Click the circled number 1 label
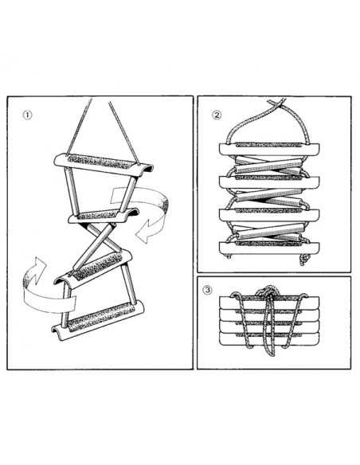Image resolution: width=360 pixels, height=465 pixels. [27, 115]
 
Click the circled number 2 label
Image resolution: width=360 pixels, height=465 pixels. [217, 115]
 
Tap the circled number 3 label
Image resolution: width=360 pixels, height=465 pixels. [208, 290]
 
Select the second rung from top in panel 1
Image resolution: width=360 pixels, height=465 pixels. [104, 215]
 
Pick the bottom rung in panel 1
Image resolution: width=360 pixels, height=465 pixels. [98, 320]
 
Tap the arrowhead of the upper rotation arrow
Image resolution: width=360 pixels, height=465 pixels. [144, 232]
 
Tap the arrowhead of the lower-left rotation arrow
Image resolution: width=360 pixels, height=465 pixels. [38, 264]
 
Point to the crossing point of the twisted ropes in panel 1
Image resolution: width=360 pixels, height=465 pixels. [98, 238]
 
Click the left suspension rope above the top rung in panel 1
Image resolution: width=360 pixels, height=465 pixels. [79, 127]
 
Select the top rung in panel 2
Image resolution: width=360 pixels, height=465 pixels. [269, 149]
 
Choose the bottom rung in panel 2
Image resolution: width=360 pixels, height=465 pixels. [269, 248]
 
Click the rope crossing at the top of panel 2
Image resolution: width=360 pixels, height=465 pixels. [277, 104]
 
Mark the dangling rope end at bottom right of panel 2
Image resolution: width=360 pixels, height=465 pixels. [304, 260]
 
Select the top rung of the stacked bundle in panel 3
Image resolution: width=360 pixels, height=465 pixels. [269, 303]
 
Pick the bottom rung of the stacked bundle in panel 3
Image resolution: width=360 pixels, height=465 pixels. [269, 338]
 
